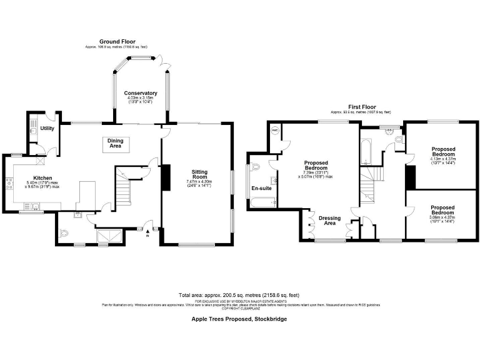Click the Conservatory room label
click(140, 93)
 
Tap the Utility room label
click(47, 128)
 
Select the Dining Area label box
click(116, 144)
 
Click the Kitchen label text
click(42, 178)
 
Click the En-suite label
click(261, 187)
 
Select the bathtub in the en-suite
click(262, 202)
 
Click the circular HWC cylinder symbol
click(274, 132)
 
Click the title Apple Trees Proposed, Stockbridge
click(239, 319)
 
